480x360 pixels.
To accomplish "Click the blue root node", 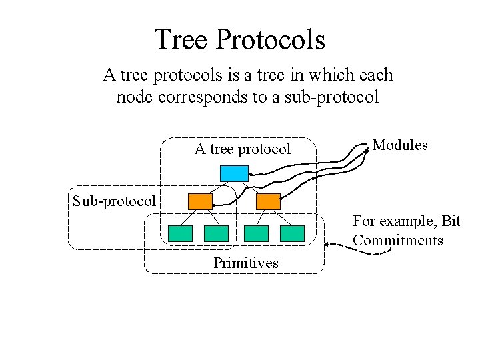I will click(234, 173).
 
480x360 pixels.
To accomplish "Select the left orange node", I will click(200, 201).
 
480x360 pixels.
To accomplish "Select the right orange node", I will click(268, 201).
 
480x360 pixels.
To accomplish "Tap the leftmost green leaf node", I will click(180, 233).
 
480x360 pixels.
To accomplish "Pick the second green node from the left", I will click(216, 233).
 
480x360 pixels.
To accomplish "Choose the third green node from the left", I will click(256, 233).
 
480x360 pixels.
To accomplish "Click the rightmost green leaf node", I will click(292, 233).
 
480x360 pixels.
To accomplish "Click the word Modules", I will click(400, 145).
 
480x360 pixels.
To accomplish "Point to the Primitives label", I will click(246, 263).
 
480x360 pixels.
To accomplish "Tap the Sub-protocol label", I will click(114, 200).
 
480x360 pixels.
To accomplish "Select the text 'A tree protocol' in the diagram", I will click(243, 149).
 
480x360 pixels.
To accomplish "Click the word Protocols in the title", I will click(270, 39).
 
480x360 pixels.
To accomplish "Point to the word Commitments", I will click(398, 240).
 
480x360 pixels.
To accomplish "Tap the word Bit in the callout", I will click(450, 221).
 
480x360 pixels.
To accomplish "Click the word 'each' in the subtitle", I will click(377, 75).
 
